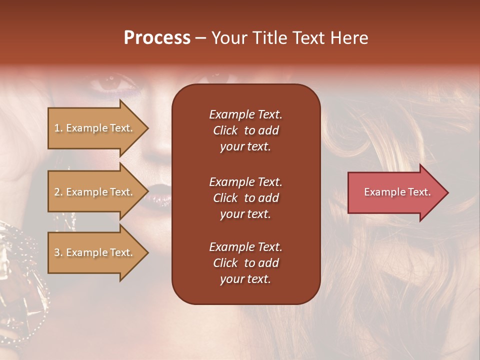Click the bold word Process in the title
coord(157,38)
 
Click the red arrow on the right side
coord(395,192)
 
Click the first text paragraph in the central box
coord(245,130)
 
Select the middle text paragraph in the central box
coord(245,198)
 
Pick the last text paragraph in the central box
coord(245,263)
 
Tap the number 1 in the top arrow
coord(57,128)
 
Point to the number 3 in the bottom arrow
coord(57,253)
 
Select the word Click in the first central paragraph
coord(225,131)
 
